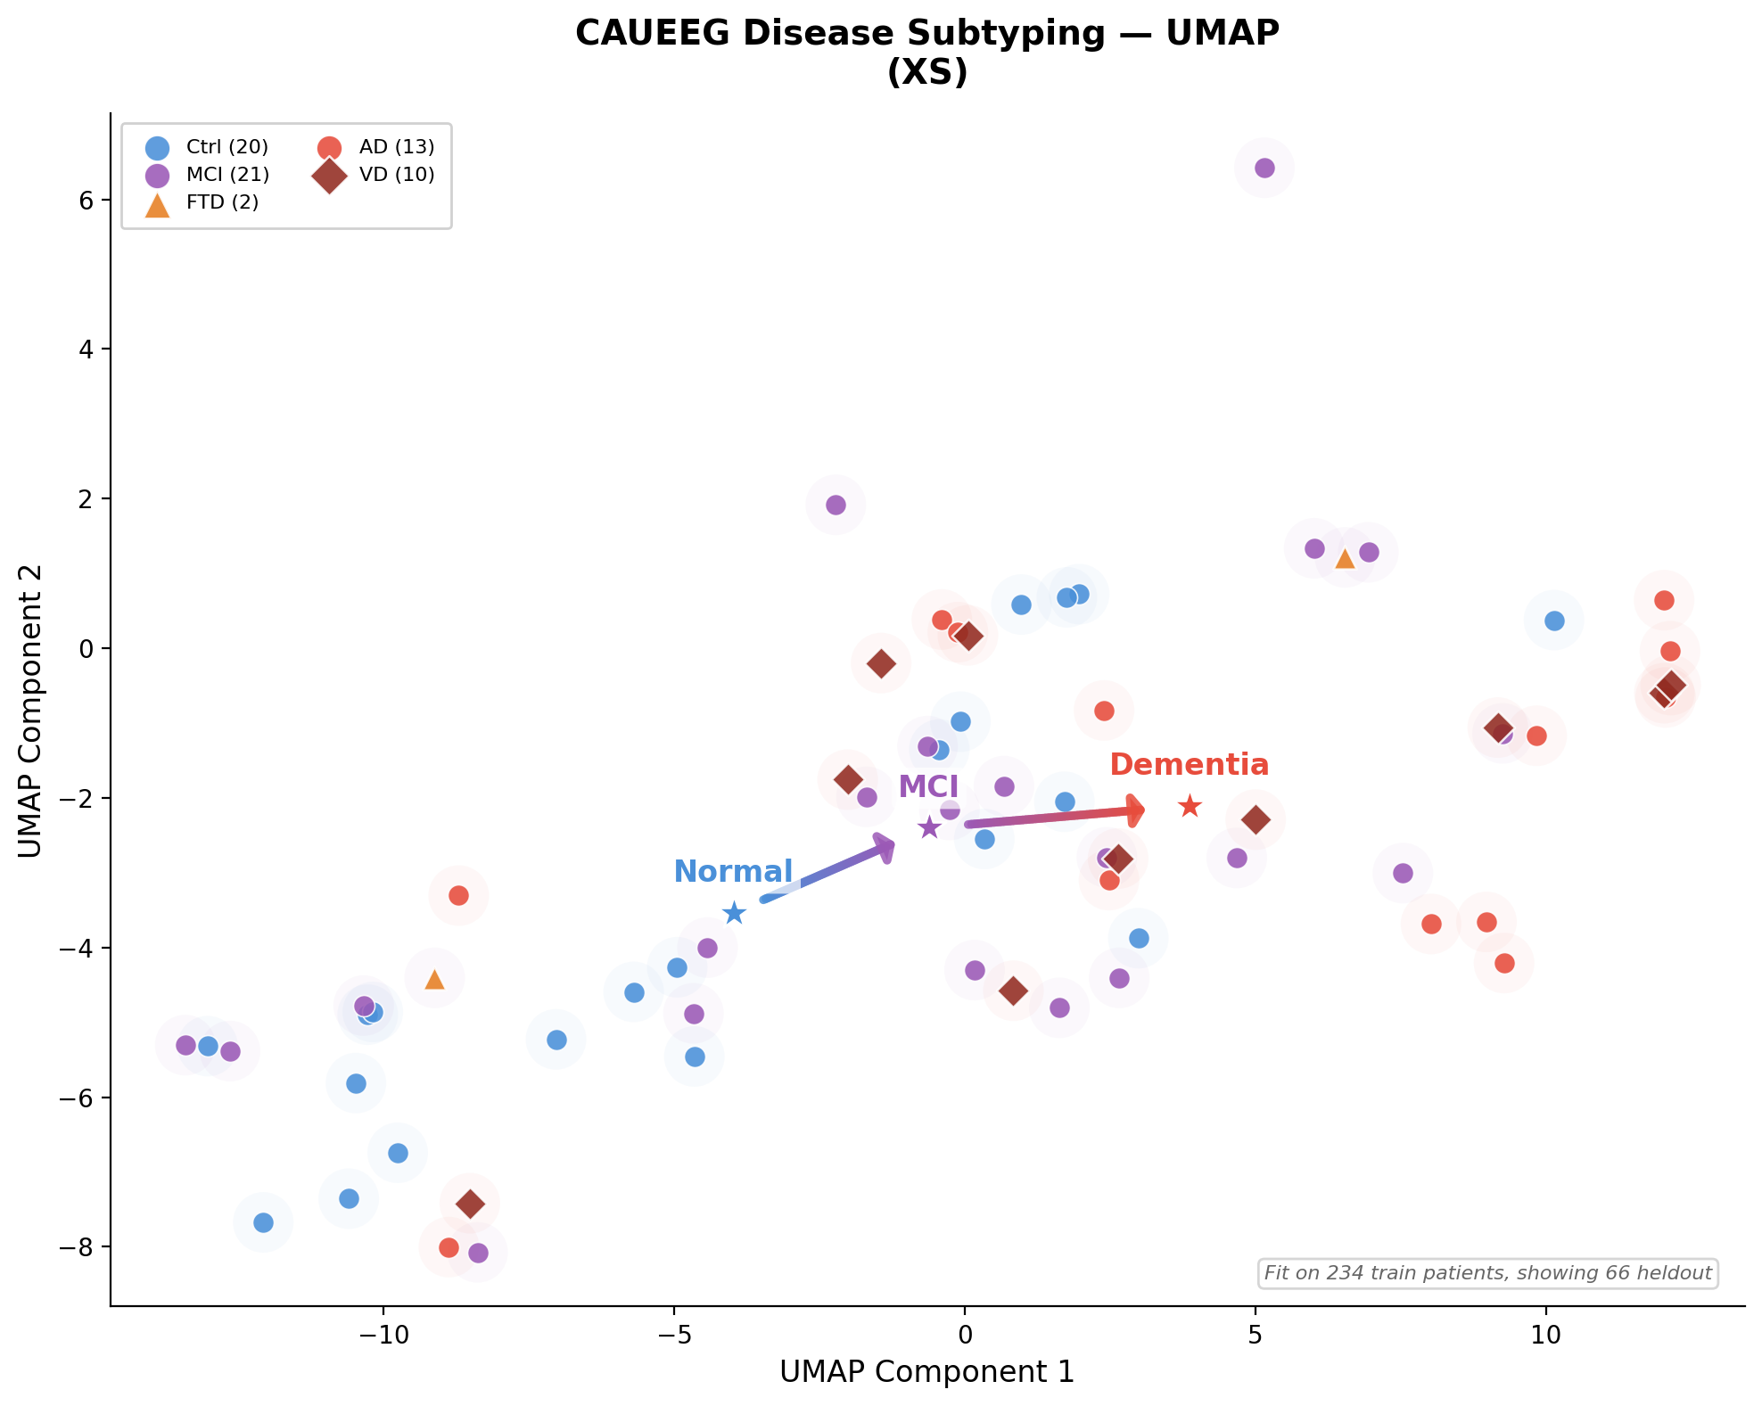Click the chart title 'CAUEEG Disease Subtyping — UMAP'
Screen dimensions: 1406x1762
coord(926,34)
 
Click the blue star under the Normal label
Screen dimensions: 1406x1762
coord(734,913)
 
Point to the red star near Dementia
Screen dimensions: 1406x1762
coord(1190,807)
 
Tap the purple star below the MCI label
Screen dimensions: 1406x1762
coord(929,827)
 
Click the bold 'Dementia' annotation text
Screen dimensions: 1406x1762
coord(1189,765)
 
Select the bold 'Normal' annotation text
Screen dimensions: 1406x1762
coord(733,871)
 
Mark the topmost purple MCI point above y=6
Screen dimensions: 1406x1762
coord(1264,168)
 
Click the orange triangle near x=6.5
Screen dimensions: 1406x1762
coord(1345,559)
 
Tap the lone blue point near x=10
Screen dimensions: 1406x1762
coord(1554,621)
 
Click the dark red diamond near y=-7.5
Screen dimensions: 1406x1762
coord(470,1204)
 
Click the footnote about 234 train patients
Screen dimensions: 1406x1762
coord(1487,1273)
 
